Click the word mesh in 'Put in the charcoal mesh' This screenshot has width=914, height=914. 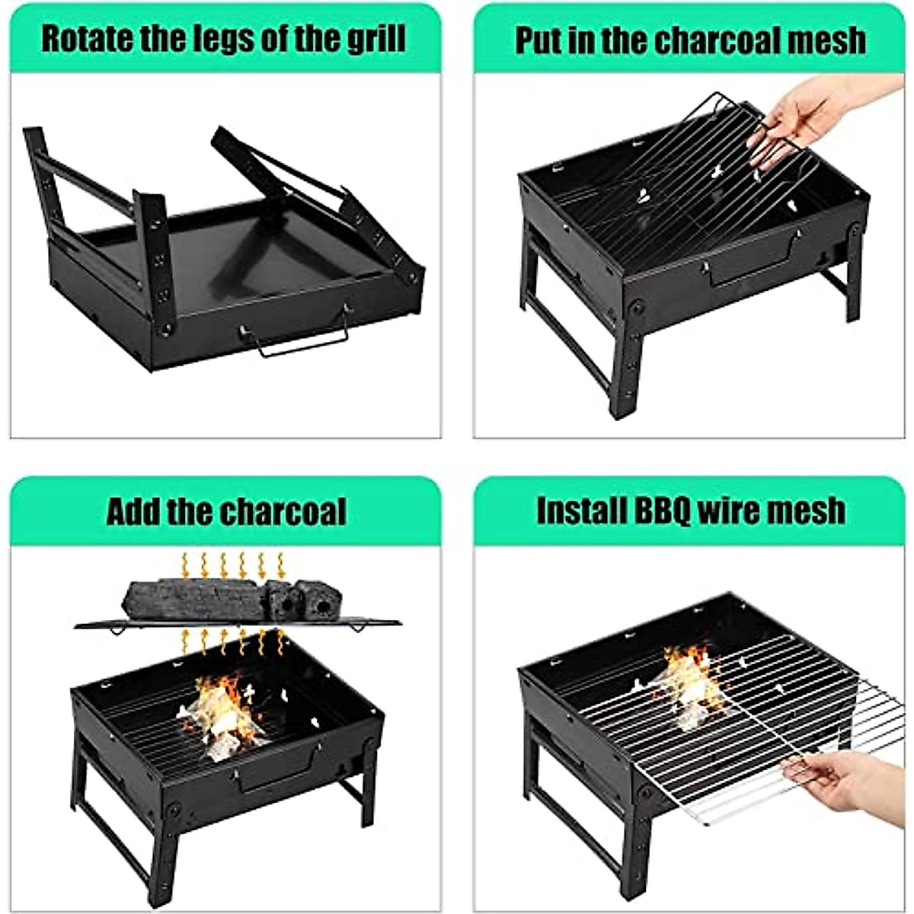(829, 40)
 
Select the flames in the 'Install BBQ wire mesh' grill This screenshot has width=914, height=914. (689, 678)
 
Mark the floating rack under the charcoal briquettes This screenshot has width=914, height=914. (236, 625)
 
